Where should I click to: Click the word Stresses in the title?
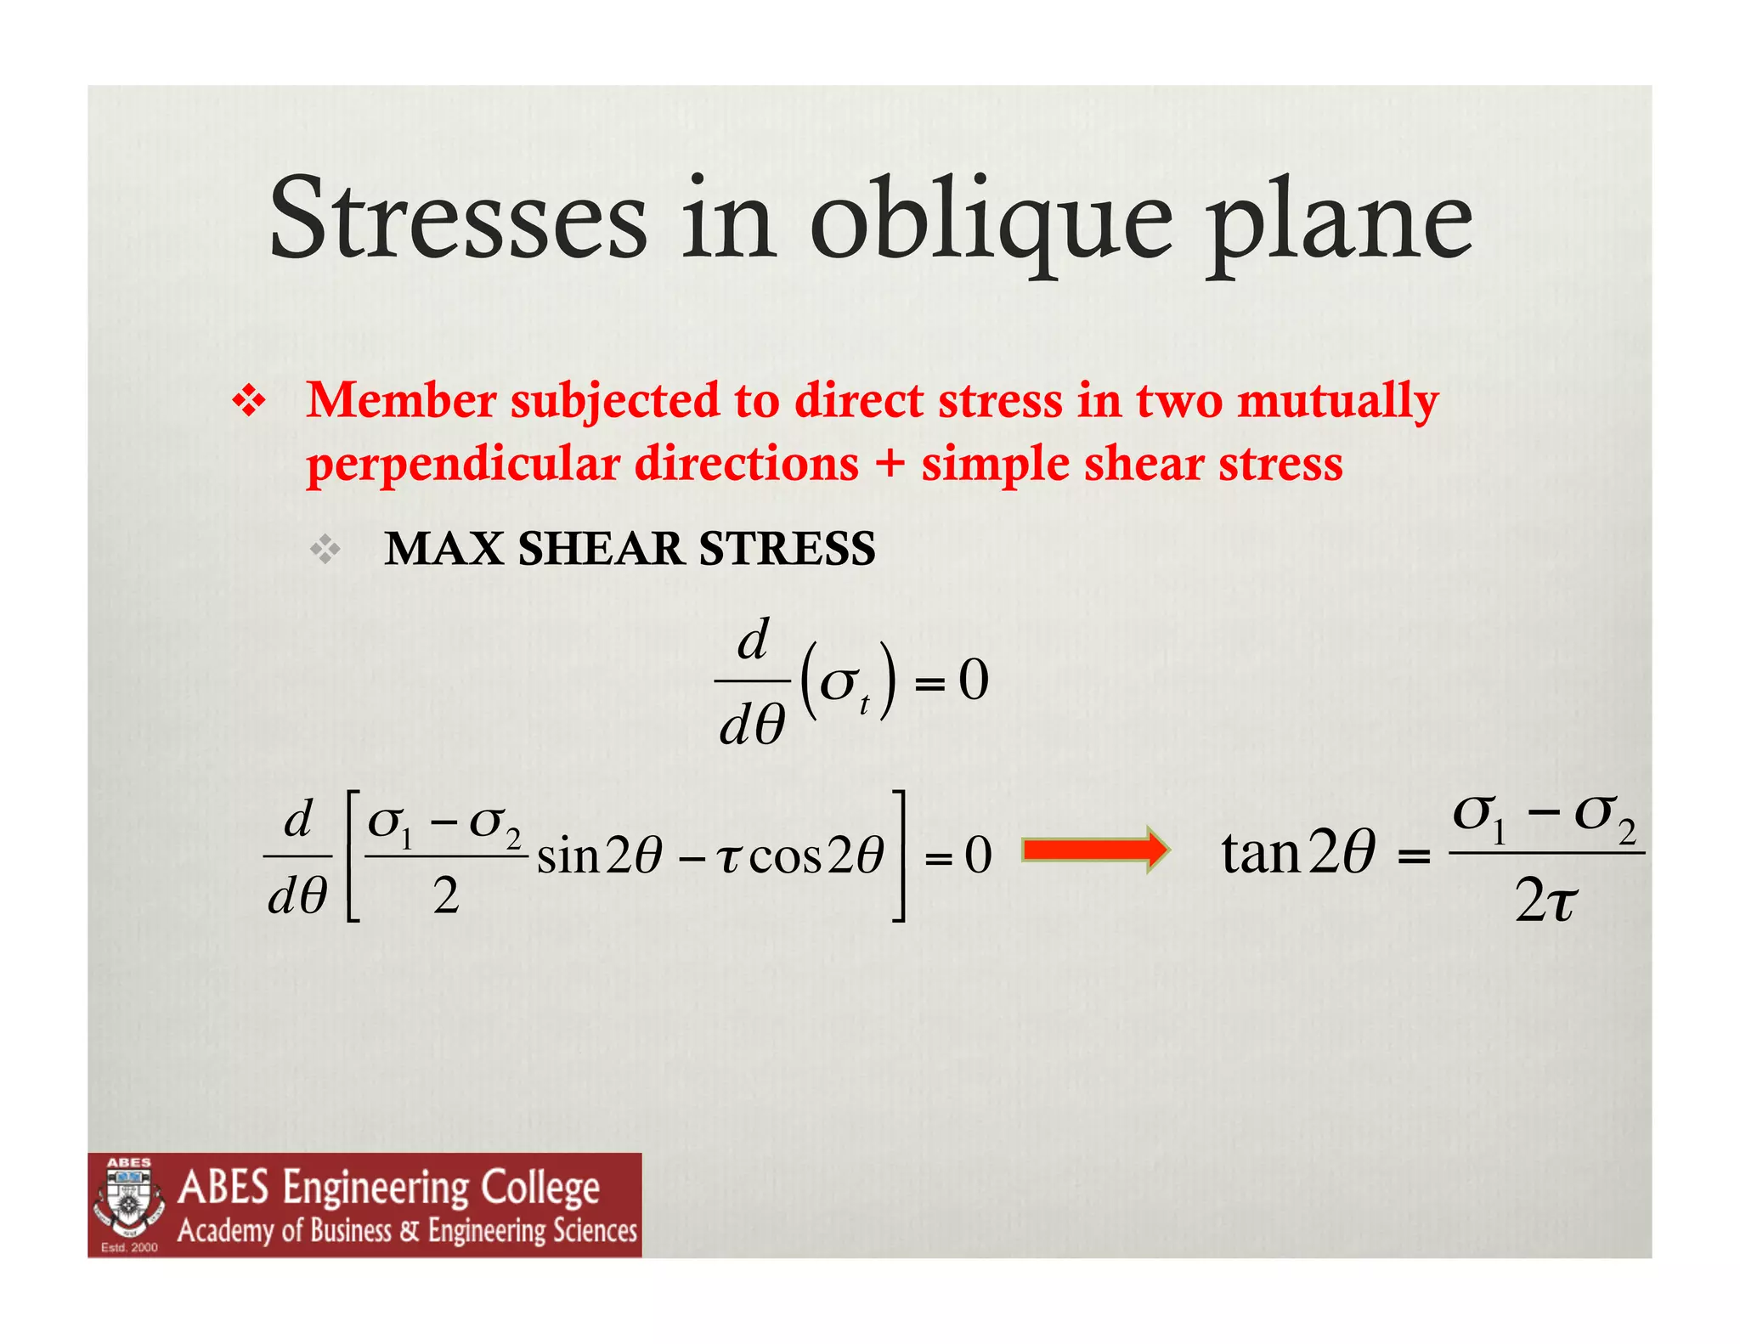click(x=458, y=219)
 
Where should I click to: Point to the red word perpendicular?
click(x=463, y=466)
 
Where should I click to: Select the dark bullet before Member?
click(x=248, y=402)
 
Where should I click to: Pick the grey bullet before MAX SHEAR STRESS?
click(x=325, y=551)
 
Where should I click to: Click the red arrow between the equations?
click(x=1095, y=850)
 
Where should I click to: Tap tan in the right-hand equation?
click(x=1261, y=853)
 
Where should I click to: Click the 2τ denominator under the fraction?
click(x=1545, y=902)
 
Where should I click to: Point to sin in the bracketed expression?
click(x=568, y=856)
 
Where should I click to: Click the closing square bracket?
click(x=897, y=855)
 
